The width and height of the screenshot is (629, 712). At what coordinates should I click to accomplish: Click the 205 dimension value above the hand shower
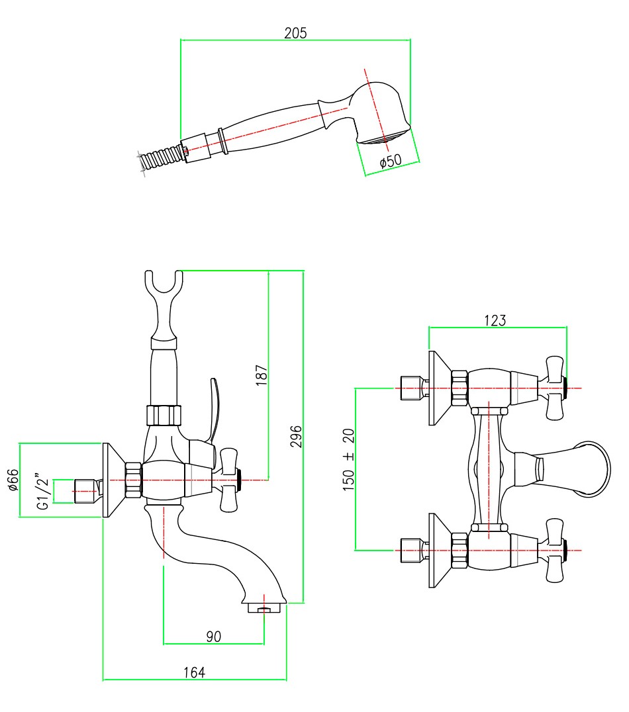(x=295, y=32)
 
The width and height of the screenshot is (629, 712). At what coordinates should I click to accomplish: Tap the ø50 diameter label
(x=391, y=160)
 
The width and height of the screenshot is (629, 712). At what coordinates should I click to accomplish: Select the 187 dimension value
(x=262, y=375)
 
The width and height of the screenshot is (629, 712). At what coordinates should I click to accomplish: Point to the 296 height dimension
(x=297, y=437)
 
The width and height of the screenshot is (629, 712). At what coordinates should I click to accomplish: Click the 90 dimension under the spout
(x=213, y=637)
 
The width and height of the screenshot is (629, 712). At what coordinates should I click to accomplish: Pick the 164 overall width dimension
(x=194, y=672)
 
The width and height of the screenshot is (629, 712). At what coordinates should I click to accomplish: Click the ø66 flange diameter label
(x=13, y=479)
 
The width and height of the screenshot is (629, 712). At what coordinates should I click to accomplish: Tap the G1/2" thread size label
(x=43, y=490)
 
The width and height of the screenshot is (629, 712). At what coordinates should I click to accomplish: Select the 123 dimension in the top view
(x=495, y=320)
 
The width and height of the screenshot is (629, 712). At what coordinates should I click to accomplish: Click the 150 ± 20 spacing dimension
(x=349, y=458)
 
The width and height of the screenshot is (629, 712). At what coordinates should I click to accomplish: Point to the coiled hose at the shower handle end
(x=159, y=159)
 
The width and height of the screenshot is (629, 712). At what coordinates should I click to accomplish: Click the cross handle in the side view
(x=230, y=480)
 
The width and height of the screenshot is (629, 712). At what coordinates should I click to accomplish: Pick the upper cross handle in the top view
(x=554, y=388)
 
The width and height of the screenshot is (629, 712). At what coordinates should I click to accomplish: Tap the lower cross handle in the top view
(x=554, y=550)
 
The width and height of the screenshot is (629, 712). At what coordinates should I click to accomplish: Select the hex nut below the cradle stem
(x=162, y=416)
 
